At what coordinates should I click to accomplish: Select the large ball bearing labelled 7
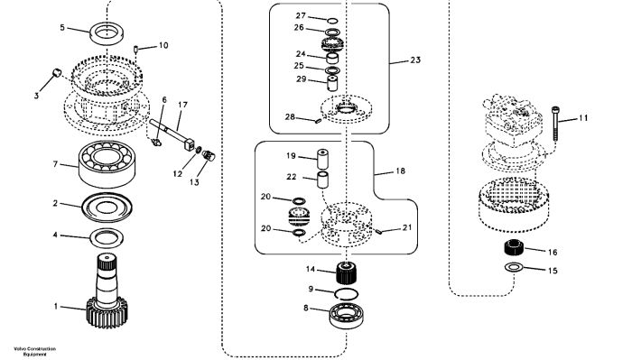(x=107, y=164)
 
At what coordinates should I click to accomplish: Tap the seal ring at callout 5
(x=107, y=33)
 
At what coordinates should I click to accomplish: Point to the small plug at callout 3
(x=57, y=72)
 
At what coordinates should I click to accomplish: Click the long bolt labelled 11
(x=555, y=124)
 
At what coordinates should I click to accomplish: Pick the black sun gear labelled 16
(x=514, y=246)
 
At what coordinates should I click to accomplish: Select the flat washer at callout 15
(x=513, y=266)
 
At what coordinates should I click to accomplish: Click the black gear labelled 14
(x=346, y=272)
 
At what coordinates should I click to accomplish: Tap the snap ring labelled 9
(x=346, y=294)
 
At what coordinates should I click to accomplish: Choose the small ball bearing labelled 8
(x=346, y=315)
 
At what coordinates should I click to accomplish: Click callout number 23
(x=415, y=60)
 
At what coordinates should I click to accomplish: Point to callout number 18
(x=400, y=171)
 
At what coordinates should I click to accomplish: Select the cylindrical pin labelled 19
(x=322, y=159)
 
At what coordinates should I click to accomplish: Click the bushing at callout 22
(x=322, y=180)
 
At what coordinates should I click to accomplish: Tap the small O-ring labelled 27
(x=332, y=21)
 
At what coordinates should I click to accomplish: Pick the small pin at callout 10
(x=135, y=50)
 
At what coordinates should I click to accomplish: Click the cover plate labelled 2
(x=107, y=208)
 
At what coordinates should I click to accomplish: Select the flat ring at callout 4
(x=107, y=238)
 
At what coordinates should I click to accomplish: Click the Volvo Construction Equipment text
(x=34, y=352)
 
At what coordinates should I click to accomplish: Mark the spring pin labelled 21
(x=378, y=231)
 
